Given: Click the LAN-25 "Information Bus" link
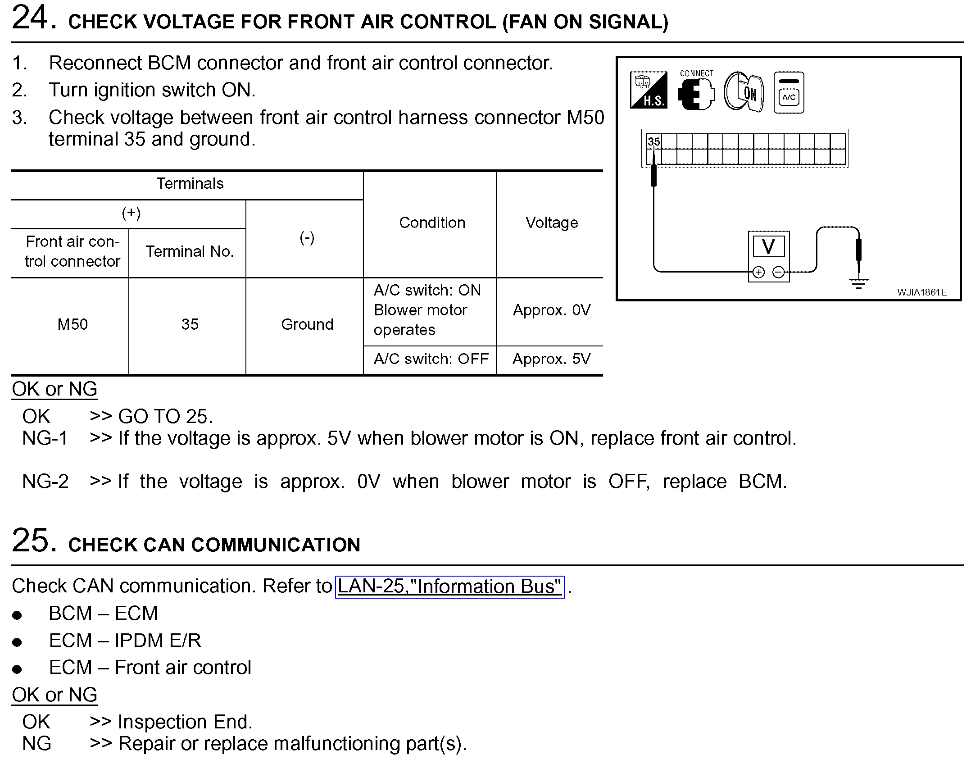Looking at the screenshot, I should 449,587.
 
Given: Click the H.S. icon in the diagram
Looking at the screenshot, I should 649,91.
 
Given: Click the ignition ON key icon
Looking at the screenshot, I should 744,92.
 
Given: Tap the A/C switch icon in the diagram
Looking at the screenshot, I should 789,93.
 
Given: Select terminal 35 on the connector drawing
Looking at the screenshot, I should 653,141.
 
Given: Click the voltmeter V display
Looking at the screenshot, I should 768,247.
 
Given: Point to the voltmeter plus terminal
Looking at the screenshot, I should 758,272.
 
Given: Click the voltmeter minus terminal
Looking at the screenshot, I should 778,272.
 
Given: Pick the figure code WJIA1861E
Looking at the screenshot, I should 921,292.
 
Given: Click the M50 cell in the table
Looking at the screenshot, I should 73,324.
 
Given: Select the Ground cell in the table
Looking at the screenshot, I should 307,324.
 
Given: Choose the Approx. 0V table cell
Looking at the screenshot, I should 551,310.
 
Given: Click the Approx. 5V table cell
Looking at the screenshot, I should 551,359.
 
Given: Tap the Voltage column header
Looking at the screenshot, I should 551,223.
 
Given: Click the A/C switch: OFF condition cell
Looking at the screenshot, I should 431,359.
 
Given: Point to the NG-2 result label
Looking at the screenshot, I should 45,482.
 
